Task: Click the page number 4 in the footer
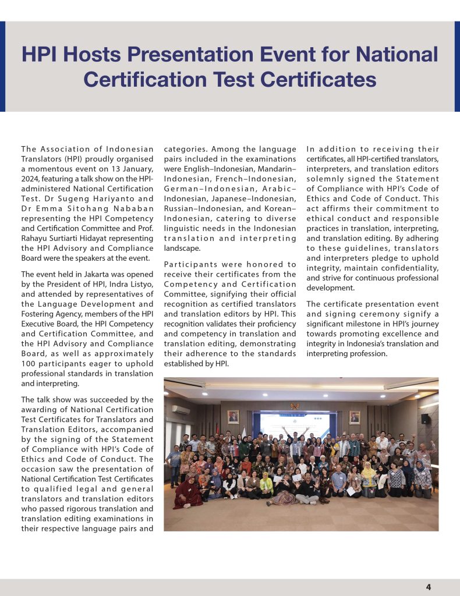point(428,587)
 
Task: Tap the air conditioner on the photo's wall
point(181,410)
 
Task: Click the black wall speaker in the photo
point(426,418)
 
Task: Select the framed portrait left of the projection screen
point(233,417)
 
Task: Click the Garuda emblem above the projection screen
point(294,406)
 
